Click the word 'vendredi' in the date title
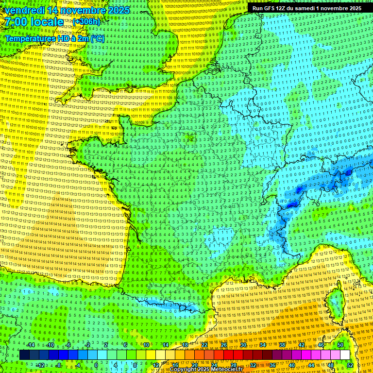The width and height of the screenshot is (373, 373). pos(23,10)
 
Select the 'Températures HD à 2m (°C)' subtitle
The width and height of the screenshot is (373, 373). pos(55,38)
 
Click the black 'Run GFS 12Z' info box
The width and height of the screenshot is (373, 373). pos(307,8)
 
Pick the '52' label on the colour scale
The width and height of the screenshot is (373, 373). pos(350,365)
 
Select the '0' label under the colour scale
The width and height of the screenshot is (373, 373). pos(96,365)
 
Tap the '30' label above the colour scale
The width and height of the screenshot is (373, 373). pos(243,345)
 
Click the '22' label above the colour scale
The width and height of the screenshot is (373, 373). pos(204,345)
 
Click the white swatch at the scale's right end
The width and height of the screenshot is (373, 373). pos(345,355)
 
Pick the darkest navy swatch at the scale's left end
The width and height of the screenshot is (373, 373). pos(24,355)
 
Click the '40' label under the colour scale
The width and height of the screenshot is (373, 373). pos(291,365)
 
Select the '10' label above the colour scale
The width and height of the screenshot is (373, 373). pos(146,345)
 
